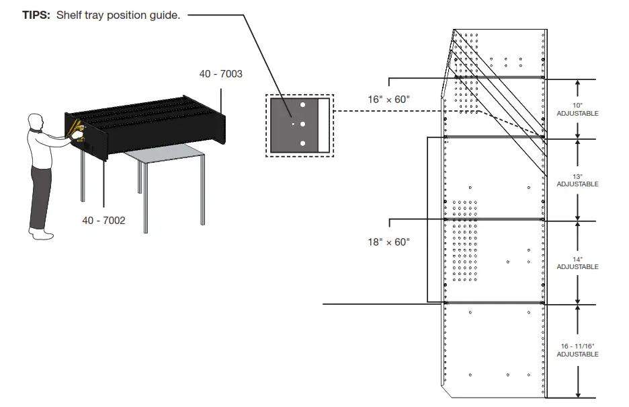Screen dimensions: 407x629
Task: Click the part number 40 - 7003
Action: coord(220,74)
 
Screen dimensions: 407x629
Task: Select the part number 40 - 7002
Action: coord(103,220)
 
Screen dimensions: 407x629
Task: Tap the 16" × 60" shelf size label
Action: coord(388,100)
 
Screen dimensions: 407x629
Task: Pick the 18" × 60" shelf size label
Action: coord(388,242)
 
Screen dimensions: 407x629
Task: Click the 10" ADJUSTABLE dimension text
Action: coord(577,110)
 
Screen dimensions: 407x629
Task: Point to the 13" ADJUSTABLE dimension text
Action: coord(577,180)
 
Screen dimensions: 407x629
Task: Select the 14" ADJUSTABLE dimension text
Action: coord(577,263)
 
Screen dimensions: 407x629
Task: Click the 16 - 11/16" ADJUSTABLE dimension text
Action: coord(577,350)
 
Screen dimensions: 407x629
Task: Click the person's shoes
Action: coord(42,233)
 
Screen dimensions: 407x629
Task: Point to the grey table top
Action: coord(165,155)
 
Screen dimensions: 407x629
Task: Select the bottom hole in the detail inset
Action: coord(302,143)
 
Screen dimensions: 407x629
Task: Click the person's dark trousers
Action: coord(40,195)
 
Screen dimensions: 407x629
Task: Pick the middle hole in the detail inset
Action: coord(302,124)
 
